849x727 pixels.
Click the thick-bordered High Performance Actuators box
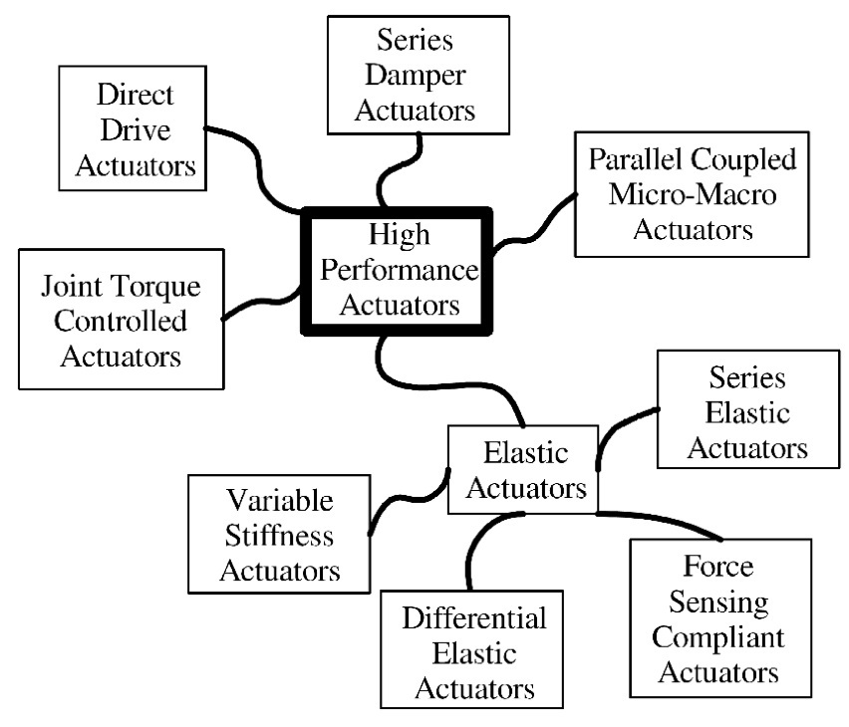click(x=399, y=270)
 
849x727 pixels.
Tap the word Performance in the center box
click(x=399, y=270)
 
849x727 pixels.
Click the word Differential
click(x=474, y=619)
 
